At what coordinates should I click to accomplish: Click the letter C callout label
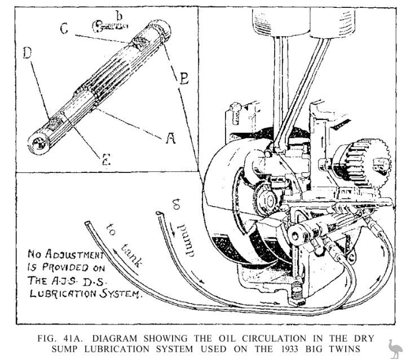[65, 28]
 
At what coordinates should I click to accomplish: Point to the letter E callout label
[105, 159]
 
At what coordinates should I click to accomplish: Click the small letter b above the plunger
[118, 15]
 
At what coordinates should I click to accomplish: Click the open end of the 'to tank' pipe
[86, 224]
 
